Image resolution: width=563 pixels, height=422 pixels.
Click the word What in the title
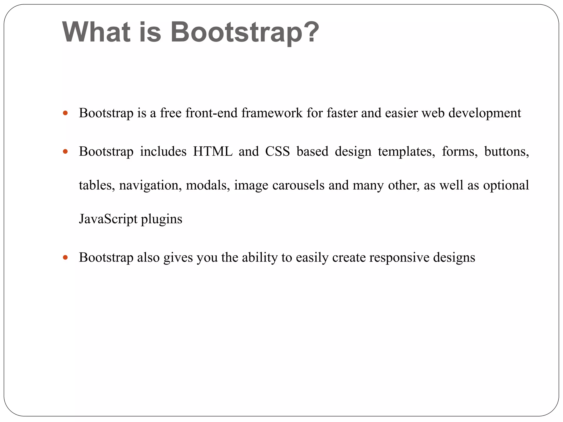[x=96, y=32]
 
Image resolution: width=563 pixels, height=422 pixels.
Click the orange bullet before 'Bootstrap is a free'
[x=65, y=113]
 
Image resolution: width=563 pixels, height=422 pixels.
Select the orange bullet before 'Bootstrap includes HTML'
[x=65, y=151]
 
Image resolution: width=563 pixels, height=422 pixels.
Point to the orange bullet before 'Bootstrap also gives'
[x=65, y=257]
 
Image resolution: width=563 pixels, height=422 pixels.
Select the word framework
[x=272, y=113]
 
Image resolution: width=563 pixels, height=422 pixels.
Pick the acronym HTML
[x=212, y=151]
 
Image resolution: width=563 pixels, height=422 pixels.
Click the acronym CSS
[x=277, y=151]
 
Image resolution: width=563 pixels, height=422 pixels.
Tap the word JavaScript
[x=108, y=219]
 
